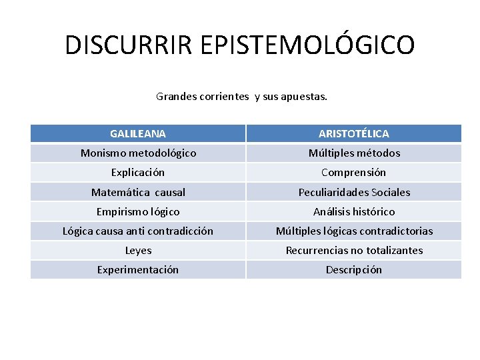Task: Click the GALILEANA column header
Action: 138,134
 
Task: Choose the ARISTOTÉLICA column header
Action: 354,134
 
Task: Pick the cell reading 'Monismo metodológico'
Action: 138,153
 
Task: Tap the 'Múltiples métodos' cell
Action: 354,153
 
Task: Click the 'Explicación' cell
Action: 138,173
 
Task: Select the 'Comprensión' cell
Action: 354,173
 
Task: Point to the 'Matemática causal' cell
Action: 138,193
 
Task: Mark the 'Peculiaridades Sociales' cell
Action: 354,193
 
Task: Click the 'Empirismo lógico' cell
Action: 138,212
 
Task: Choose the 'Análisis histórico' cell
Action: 354,212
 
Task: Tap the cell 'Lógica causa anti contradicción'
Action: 138,231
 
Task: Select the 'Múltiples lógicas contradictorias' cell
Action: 354,231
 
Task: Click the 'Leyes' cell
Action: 138,251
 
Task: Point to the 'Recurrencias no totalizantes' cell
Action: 354,251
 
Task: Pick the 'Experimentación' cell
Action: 138,270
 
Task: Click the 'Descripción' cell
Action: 354,270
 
